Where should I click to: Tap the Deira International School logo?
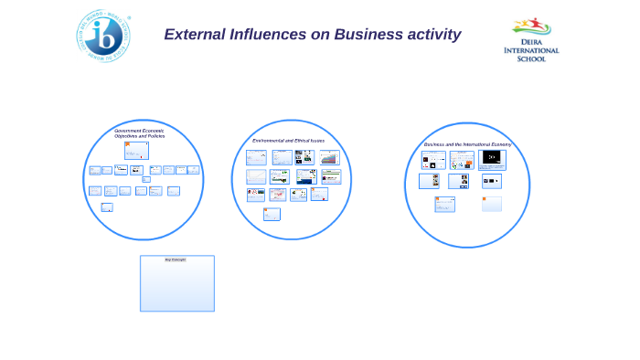tap(531, 39)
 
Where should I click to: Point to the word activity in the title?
tap(436, 35)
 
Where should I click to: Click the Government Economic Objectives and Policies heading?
tap(140, 133)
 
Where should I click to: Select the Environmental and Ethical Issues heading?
tap(288, 141)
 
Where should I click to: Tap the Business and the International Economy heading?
tap(467, 144)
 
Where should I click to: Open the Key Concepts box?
tap(177, 285)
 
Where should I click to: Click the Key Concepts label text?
tap(175, 259)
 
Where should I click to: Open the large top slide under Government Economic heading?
tap(136, 151)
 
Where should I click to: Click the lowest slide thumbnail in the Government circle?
tap(107, 207)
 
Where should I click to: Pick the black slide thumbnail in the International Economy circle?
tap(492, 159)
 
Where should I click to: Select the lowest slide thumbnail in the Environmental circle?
tap(272, 214)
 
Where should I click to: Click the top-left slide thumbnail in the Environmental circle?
tap(256, 157)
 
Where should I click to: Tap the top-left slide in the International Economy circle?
tap(433, 160)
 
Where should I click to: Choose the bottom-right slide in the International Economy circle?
tap(492, 204)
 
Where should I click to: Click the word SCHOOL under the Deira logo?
tap(531, 59)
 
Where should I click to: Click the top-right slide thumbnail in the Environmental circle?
tap(329, 157)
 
